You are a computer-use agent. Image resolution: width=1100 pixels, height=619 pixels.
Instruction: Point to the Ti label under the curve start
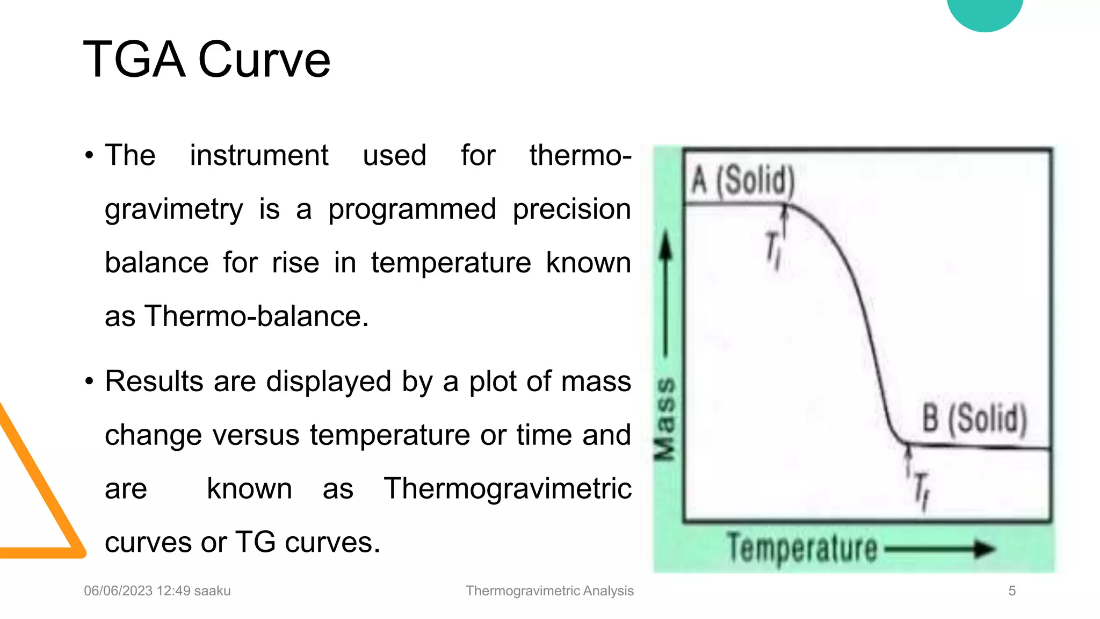(773, 250)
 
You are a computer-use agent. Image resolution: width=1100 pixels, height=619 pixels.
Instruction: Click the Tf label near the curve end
(922, 490)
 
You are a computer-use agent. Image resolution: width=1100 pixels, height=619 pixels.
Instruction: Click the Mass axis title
(665, 419)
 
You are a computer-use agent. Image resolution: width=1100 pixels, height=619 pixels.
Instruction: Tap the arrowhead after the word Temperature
(985, 549)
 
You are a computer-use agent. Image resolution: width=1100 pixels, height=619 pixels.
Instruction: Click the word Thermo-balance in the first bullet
(257, 316)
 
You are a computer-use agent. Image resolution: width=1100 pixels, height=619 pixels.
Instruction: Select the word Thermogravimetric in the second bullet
(508, 488)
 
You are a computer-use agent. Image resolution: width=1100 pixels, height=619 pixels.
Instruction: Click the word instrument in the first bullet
(259, 155)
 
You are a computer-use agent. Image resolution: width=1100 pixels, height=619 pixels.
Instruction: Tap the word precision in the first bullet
(571, 209)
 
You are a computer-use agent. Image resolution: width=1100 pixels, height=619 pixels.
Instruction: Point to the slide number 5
(1012, 591)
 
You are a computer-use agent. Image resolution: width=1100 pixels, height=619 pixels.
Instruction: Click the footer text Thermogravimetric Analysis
(549, 591)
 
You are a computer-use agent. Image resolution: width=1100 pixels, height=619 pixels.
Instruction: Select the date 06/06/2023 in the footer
(118, 591)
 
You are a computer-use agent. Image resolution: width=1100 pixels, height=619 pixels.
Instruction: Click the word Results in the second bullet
(154, 382)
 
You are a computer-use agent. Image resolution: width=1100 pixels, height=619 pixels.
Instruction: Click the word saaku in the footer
(212, 591)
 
